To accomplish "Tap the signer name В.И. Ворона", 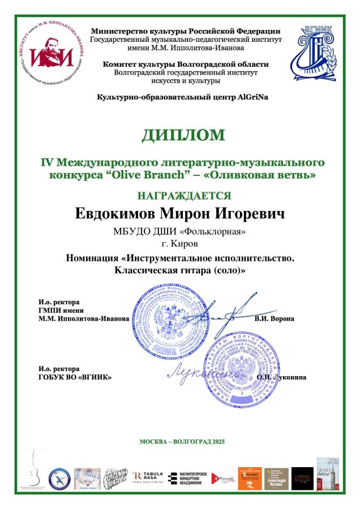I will pyautogui.click(x=275, y=318).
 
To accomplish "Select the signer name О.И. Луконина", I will pyautogui.click(x=281, y=377).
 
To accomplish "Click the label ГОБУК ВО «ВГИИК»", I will pyautogui.click(x=75, y=377).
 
